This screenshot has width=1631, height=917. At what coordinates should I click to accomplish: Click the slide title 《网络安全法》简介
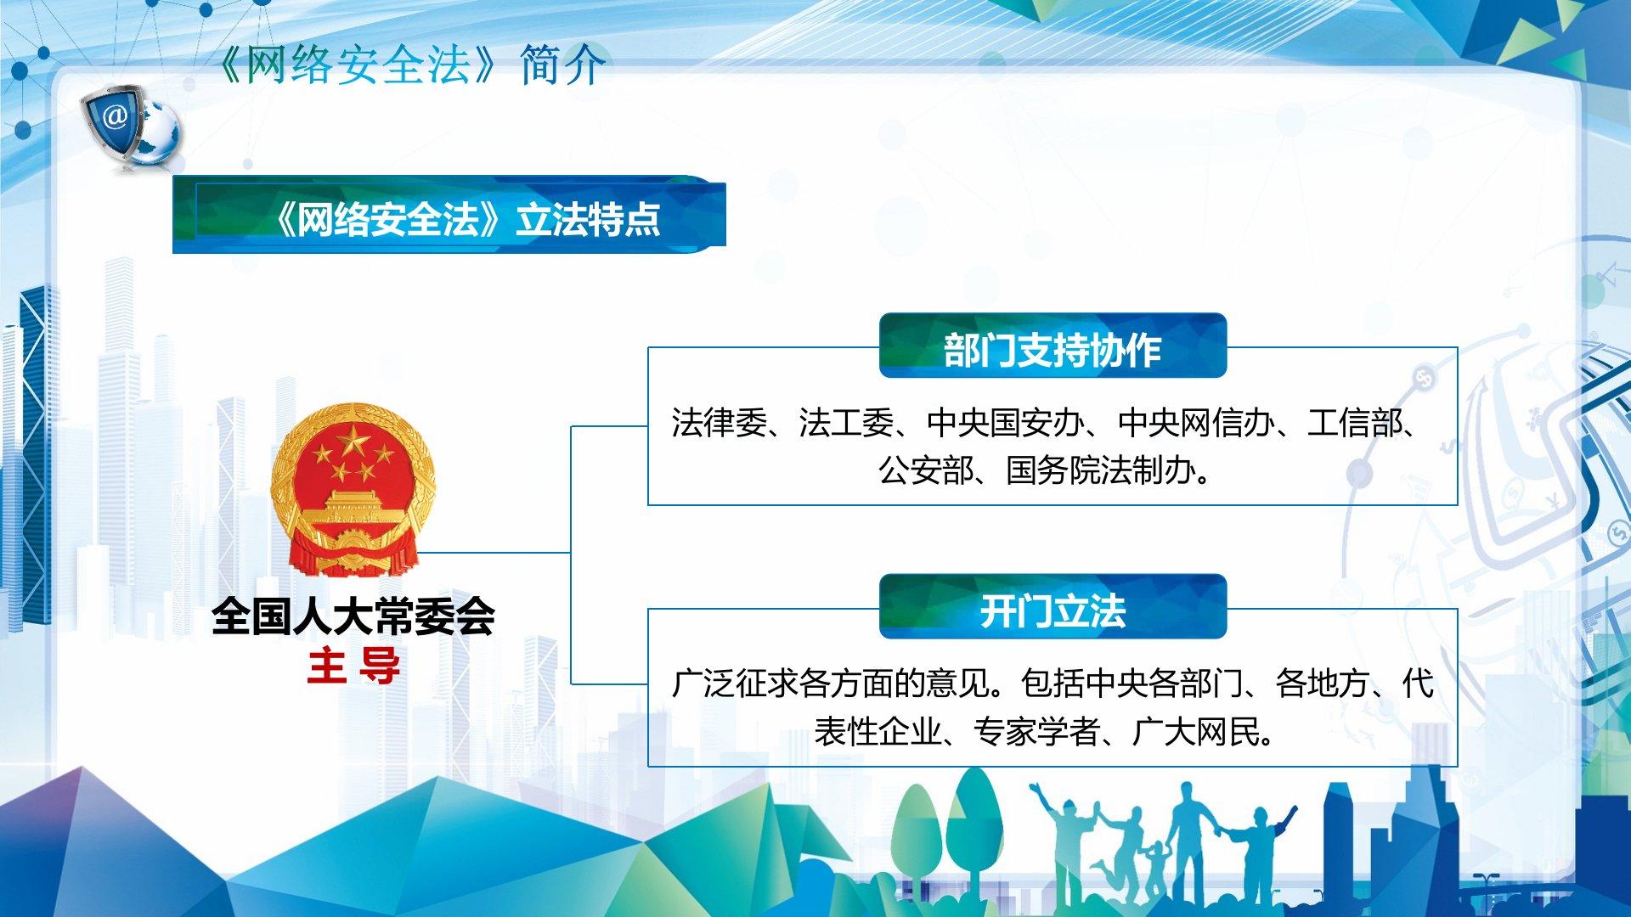pos(410,65)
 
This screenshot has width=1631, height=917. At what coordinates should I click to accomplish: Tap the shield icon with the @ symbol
pos(114,123)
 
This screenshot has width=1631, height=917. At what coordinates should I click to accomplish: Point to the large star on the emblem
pos(352,441)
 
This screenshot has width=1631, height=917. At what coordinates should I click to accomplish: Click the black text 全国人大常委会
pos(353,616)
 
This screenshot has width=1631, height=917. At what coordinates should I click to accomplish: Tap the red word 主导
pos(353,666)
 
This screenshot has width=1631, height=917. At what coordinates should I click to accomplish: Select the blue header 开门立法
pos(1053,607)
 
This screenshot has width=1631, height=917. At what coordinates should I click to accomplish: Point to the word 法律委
pos(719,422)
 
